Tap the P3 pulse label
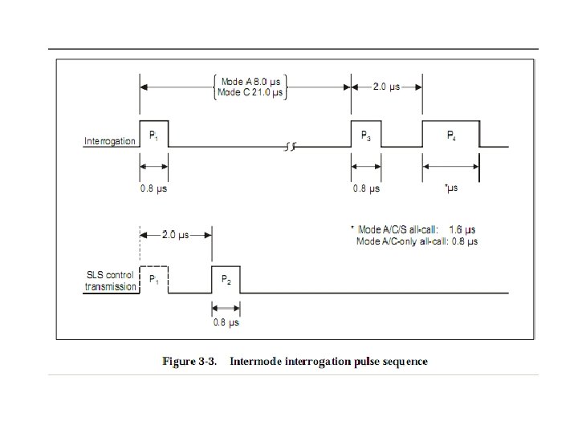coord(365,136)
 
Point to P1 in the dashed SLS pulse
coord(153,279)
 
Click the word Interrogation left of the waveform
coord(110,142)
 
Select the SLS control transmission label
coord(112,281)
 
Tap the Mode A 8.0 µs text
coord(252,82)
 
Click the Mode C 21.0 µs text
coord(252,93)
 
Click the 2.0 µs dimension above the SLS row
coord(175,235)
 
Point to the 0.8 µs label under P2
coord(226,322)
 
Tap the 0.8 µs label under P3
coord(365,189)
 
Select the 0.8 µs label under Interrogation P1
coord(154,189)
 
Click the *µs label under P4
coord(451,189)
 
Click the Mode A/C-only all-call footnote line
coord(417,241)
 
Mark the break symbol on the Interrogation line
coord(289,147)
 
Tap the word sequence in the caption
coord(401,362)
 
